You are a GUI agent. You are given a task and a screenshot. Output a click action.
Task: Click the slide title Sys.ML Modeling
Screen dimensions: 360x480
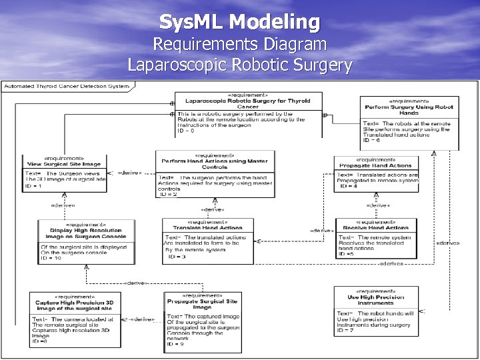pos(239,22)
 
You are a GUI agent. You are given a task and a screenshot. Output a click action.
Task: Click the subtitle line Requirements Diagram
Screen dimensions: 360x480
pos(240,45)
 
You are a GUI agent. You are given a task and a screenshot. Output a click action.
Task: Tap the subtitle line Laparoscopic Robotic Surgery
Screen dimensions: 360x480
pos(240,65)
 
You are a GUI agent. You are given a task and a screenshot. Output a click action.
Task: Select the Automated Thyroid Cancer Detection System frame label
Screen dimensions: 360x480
pos(67,86)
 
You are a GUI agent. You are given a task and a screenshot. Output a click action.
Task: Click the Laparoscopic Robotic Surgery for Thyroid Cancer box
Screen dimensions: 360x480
pos(247,113)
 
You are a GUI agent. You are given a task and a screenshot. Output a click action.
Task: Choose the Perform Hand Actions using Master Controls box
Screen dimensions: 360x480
pos(215,175)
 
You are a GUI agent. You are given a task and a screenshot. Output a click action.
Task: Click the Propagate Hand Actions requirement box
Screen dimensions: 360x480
pos(376,174)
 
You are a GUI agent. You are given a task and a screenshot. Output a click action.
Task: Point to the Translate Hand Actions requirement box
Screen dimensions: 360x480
pos(209,240)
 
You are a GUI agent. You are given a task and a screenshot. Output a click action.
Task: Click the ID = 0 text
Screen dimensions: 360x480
pos(186,131)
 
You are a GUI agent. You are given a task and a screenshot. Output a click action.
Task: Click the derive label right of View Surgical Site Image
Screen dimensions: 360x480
pos(129,173)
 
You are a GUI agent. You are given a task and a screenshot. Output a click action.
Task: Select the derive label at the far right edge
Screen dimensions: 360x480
pos(447,243)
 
